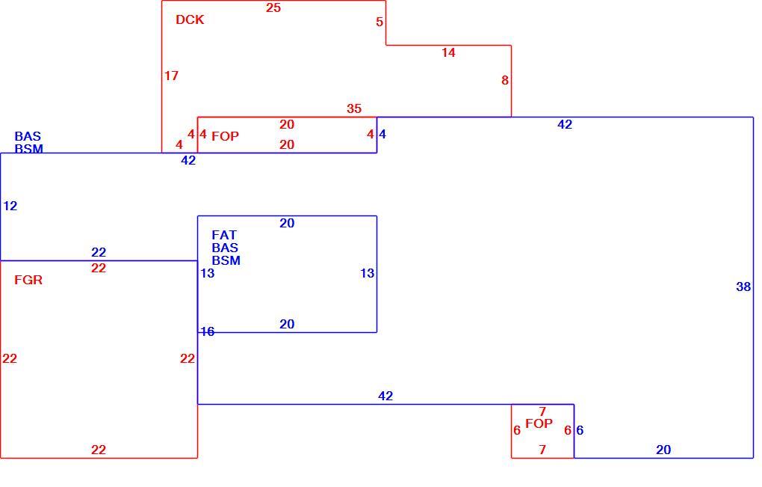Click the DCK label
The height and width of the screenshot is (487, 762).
tap(190, 20)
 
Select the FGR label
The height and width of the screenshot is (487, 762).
tap(28, 281)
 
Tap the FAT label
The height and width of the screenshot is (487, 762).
tap(224, 235)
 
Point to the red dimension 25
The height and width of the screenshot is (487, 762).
tap(273, 7)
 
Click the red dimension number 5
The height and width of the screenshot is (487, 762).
tap(380, 22)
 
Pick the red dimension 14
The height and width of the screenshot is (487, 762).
tap(448, 52)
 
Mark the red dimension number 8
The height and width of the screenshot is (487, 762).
tap(505, 80)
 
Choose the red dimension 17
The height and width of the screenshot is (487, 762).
tap(171, 76)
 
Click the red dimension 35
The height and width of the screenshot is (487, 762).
tap(354, 108)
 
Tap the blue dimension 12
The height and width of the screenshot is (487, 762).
tap(10, 206)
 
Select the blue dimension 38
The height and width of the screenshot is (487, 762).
tap(743, 287)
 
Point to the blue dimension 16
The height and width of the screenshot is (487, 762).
tap(208, 332)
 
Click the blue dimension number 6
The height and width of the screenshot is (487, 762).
tap(580, 431)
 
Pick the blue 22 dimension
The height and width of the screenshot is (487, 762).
tap(99, 252)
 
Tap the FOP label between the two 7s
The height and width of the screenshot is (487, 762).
tap(539, 423)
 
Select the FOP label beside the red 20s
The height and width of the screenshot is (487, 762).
tap(225, 136)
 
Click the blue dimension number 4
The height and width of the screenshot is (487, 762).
tap(382, 134)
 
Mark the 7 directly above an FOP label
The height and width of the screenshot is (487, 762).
tap(542, 411)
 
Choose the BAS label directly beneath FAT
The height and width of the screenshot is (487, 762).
tap(225, 248)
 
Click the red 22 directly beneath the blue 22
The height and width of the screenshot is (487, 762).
tap(99, 268)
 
